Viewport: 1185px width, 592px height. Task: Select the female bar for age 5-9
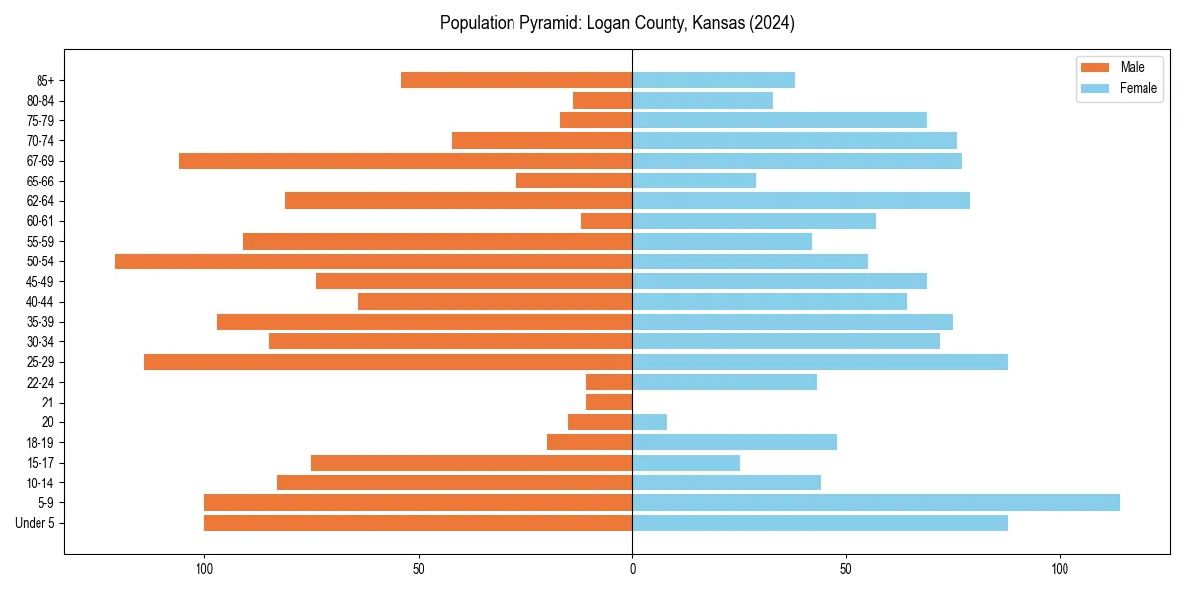tap(876, 502)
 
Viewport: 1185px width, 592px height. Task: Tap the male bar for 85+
tap(516, 80)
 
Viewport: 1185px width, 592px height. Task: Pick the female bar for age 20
tap(650, 422)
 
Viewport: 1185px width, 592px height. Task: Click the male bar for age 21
tap(609, 402)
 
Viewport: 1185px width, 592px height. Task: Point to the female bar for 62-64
tap(801, 200)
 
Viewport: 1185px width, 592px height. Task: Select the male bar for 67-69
tap(405, 161)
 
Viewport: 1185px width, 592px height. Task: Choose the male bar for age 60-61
tap(606, 221)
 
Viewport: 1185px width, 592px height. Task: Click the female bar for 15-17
tap(686, 462)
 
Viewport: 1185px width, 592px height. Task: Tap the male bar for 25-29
tap(388, 362)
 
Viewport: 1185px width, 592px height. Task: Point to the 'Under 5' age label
tap(36, 523)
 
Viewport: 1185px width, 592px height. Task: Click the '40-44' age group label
tap(40, 302)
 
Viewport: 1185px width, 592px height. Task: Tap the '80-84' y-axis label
tap(40, 101)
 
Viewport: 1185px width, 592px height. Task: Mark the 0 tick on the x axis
tap(632, 569)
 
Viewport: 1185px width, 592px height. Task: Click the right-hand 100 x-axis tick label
tap(1060, 569)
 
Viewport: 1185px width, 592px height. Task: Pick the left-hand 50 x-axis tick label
tap(419, 569)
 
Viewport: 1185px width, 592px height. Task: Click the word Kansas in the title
tap(707, 23)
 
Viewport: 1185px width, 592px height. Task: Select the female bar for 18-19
tap(735, 442)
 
